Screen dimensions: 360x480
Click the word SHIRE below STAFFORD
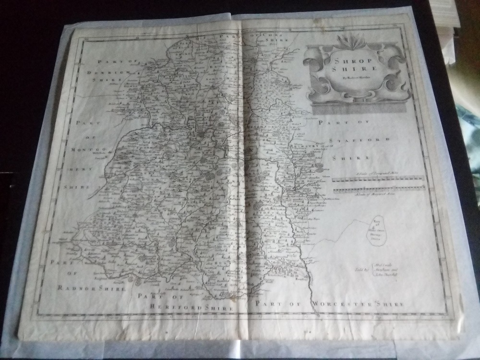pyautogui.click(x=355, y=157)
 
